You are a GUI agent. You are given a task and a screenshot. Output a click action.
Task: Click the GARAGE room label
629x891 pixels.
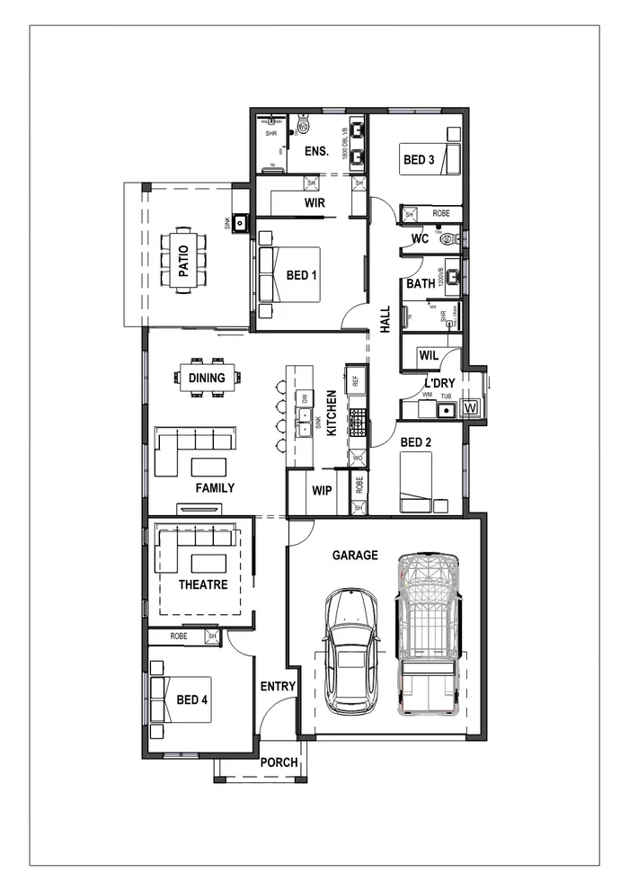pyautogui.click(x=355, y=556)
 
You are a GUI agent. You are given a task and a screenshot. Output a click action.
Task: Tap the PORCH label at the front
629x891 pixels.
pyautogui.click(x=279, y=762)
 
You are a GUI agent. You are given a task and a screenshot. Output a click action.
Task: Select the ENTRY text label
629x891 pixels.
pyautogui.click(x=278, y=686)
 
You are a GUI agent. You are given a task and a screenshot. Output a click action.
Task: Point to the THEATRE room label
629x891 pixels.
pyautogui.click(x=202, y=584)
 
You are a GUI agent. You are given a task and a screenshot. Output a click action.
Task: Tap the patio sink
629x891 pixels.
pyautogui.click(x=241, y=221)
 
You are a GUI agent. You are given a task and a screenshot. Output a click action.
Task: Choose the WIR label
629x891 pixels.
pyautogui.click(x=314, y=203)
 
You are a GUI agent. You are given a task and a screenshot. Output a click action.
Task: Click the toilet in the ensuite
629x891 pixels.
pyautogui.click(x=302, y=128)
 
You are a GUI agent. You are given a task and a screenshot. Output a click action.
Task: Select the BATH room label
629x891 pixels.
pyautogui.click(x=420, y=283)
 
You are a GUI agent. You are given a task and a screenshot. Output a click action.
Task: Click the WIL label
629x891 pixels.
pyautogui.click(x=428, y=356)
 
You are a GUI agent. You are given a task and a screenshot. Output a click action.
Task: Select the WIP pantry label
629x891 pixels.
pyautogui.click(x=322, y=491)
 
